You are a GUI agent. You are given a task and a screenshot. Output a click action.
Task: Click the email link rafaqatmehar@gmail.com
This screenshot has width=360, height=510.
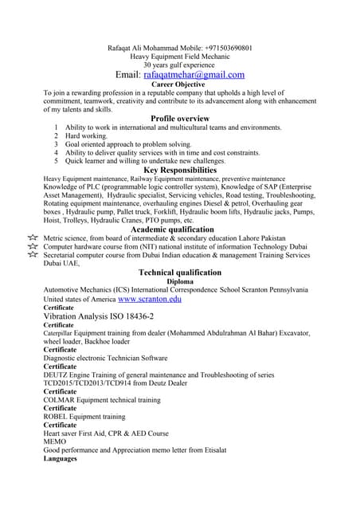[x=194, y=74]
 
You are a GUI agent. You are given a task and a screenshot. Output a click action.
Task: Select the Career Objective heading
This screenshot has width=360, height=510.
[x=178, y=84]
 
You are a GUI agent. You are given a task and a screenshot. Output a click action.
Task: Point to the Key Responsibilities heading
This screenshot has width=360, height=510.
[x=179, y=170]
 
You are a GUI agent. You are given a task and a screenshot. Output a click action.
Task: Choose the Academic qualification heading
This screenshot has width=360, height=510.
[x=178, y=229]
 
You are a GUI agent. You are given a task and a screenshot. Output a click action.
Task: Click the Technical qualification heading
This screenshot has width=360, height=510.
[x=179, y=272]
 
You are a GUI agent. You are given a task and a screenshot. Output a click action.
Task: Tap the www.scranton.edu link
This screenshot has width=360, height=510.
[x=150, y=300]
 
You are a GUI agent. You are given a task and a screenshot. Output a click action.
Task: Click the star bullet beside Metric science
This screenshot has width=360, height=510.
[x=33, y=238]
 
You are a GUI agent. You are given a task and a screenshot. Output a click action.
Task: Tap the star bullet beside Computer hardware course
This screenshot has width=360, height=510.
[x=33, y=247]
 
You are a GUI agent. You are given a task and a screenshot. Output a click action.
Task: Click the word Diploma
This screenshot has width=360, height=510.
[x=179, y=281]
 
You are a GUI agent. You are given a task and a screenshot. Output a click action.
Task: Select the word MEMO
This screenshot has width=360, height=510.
[x=55, y=441]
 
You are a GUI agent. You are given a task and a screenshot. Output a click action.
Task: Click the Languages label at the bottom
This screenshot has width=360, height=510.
[x=61, y=458]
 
